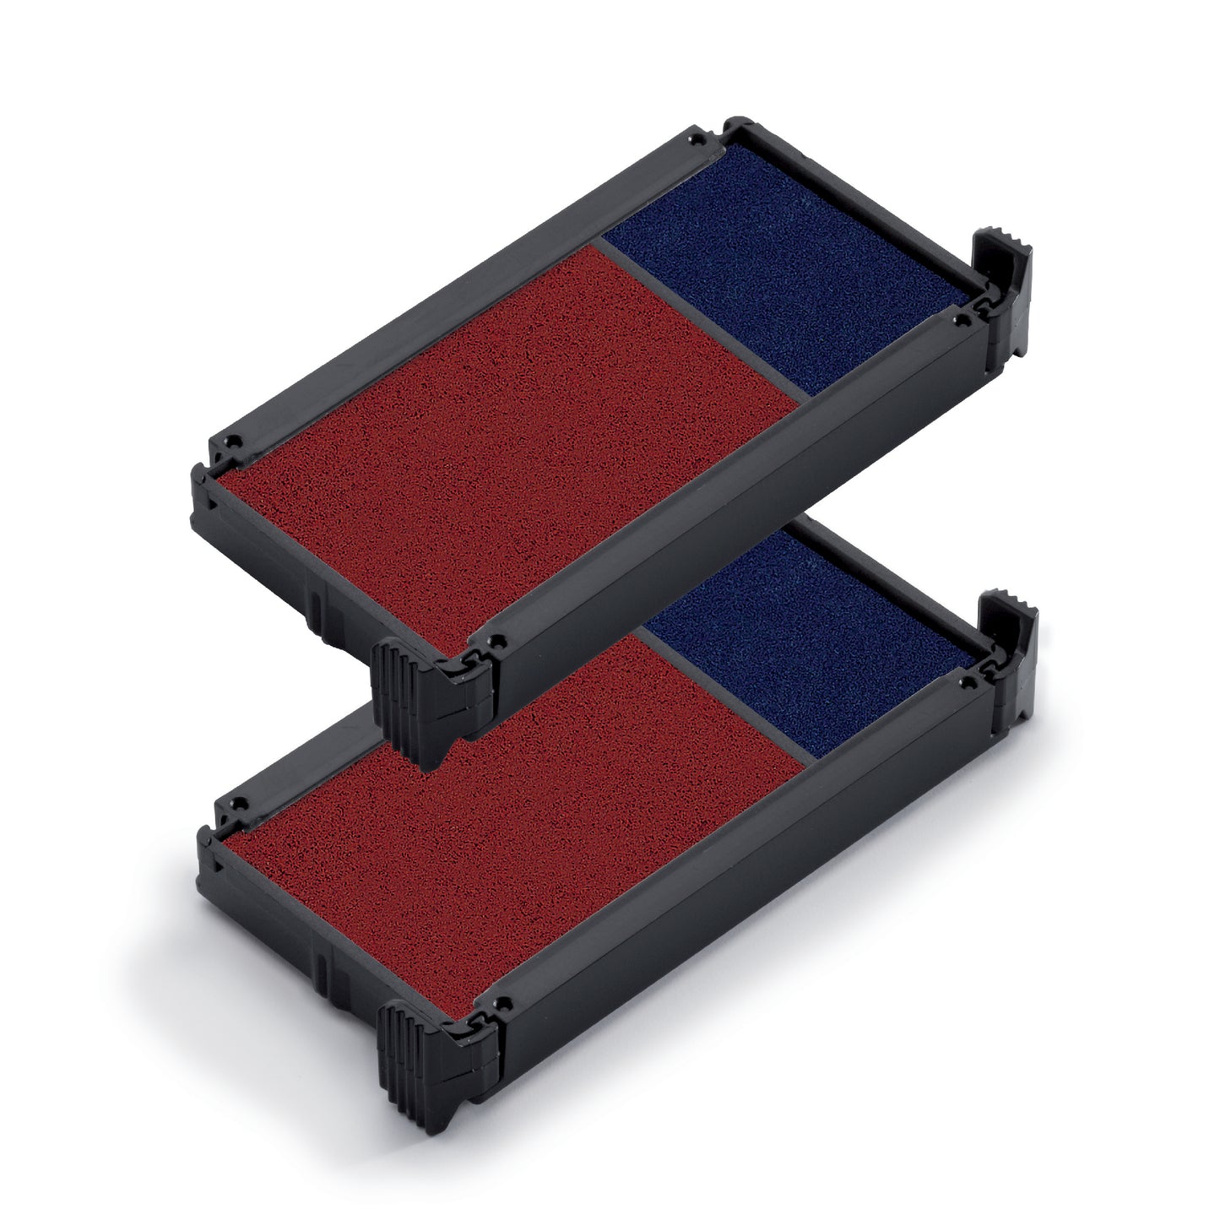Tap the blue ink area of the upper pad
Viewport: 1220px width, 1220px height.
785,270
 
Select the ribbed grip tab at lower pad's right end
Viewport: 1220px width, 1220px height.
1009,625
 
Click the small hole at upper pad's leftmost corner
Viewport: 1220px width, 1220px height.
237,438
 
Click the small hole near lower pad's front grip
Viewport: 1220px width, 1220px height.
505,1006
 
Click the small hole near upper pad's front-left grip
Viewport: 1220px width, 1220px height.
503,640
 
